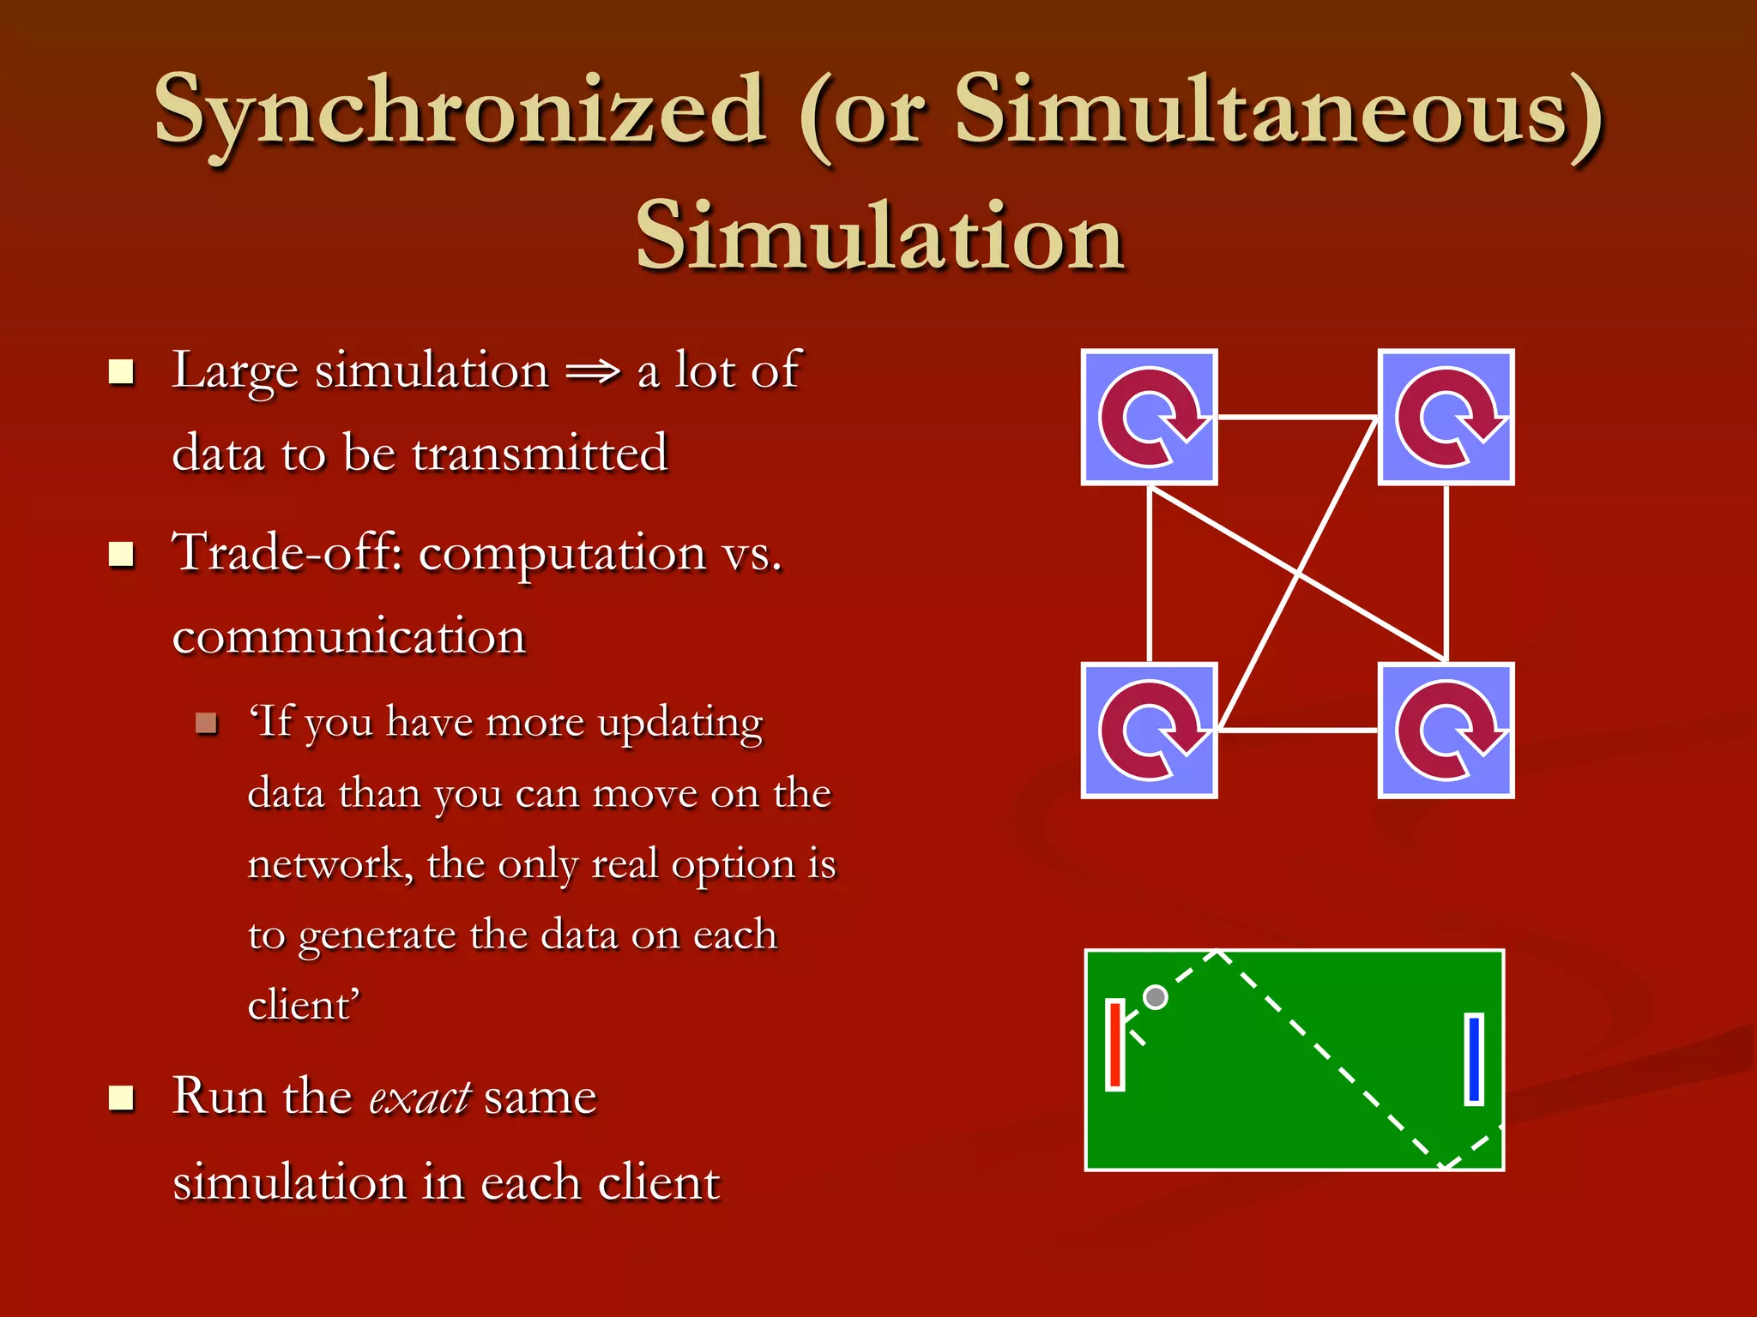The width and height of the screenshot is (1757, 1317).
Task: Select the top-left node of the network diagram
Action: [x=1149, y=417]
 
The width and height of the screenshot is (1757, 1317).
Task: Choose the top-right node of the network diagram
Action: [x=1446, y=417]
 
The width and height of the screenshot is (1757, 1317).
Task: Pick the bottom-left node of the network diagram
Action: [x=1149, y=731]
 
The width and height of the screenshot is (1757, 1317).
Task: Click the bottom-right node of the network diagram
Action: [x=1446, y=731]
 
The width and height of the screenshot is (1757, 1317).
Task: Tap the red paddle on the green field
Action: [x=1114, y=1044]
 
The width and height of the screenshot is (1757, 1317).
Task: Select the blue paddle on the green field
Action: [x=1474, y=1059]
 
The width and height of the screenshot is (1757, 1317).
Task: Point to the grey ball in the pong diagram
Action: [x=1156, y=996]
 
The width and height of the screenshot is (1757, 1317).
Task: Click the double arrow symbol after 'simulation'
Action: [x=593, y=372]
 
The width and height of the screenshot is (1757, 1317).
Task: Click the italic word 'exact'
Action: [x=420, y=1097]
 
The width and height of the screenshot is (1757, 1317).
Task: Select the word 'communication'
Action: [x=348, y=636]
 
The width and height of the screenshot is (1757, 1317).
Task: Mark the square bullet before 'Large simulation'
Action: [x=122, y=372]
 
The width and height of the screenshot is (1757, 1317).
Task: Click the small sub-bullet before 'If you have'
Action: [x=206, y=723]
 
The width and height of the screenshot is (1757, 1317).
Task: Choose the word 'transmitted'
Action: [x=539, y=454]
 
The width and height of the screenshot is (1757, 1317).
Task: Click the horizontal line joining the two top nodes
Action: [x=1297, y=418]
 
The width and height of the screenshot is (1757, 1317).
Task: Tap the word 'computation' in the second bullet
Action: [x=562, y=554]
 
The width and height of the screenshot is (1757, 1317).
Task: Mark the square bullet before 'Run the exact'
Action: [x=122, y=1097]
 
